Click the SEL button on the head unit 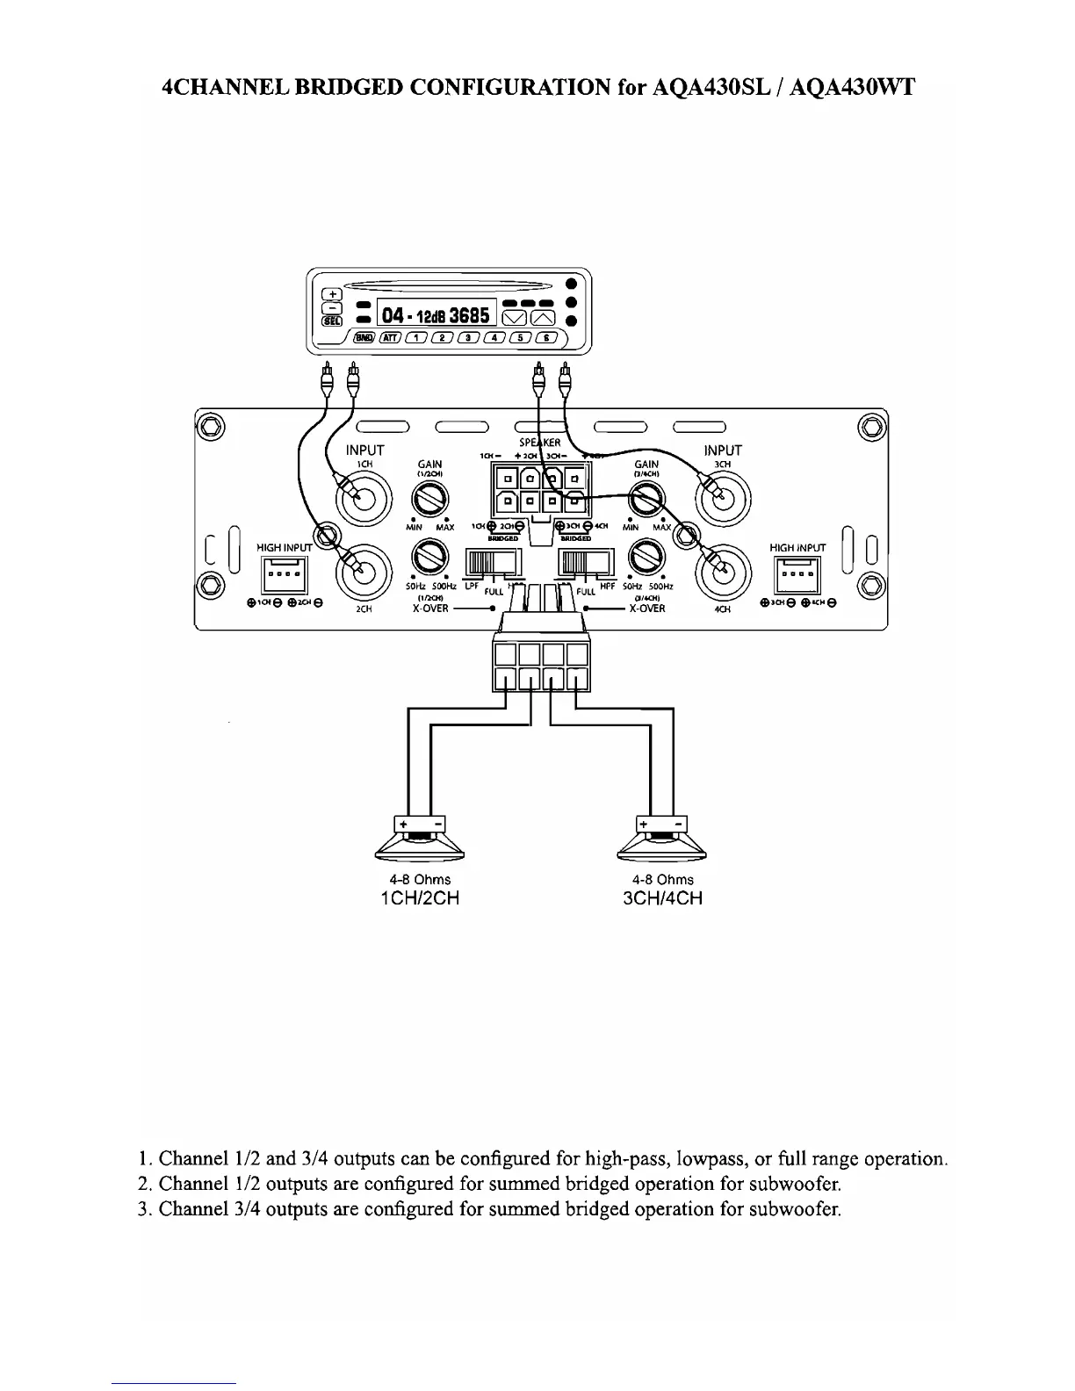point(331,322)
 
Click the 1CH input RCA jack point(363,497)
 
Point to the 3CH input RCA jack point(722,497)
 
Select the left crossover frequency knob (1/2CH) point(429,558)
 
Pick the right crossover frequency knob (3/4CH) point(646,558)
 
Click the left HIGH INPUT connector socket point(284,575)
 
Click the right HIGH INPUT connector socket point(797,575)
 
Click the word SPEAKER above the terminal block point(540,443)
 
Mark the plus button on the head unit point(331,294)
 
